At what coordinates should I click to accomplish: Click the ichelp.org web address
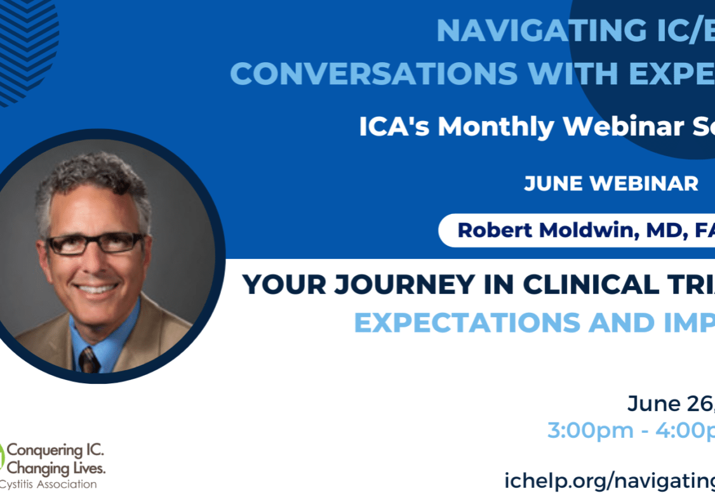pos(608,480)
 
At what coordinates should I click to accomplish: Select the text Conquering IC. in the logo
pos(55,452)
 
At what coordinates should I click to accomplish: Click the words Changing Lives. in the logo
pos(56,469)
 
